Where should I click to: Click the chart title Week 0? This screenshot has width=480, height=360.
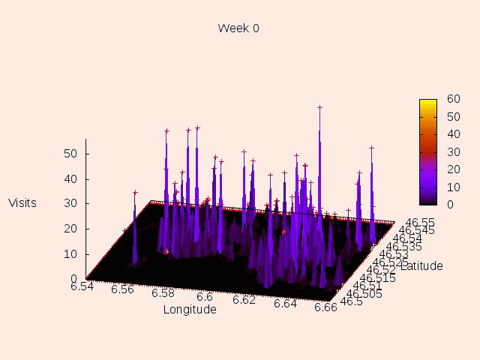238,28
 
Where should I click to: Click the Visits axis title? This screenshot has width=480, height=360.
22,202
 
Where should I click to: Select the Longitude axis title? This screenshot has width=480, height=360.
190,310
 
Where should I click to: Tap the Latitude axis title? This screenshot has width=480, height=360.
421,265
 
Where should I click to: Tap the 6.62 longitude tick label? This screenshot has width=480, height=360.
244,299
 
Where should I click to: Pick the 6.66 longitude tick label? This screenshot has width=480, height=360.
325,306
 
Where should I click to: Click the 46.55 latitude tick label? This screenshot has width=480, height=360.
420,222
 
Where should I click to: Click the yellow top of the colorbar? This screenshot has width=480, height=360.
427,102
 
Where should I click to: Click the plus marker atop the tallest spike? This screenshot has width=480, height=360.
319,107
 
